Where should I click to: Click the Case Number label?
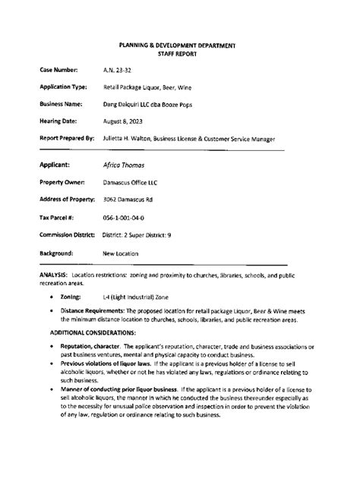60,70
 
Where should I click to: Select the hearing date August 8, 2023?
123,120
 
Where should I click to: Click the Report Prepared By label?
67,138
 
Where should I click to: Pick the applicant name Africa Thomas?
124,165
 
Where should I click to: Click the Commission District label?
68,234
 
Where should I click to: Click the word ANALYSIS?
54,272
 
